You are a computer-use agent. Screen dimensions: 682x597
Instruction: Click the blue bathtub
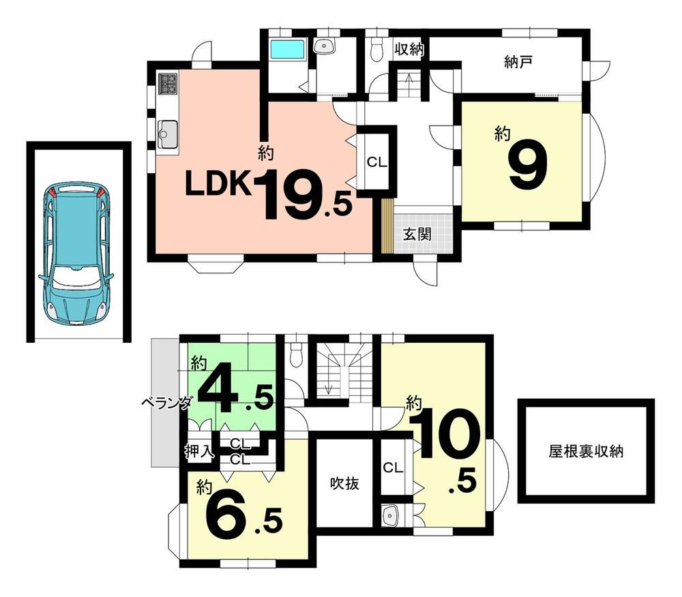click(288, 50)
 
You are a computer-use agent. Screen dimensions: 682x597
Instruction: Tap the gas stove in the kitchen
click(168, 83)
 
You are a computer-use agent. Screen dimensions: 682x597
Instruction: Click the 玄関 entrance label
click(417, 234)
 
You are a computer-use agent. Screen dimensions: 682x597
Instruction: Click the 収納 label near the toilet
click(409, 49)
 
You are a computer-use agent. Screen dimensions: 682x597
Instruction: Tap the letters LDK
click(218, 183)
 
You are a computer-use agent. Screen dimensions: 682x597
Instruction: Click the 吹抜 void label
click(344, 483)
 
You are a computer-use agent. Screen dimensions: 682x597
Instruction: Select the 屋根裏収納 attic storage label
click(586, 451)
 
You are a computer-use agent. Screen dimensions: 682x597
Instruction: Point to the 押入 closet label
click(200, 452)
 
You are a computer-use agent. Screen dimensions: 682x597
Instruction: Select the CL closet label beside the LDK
click(376, 162)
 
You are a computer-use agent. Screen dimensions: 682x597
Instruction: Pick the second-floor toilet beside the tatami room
click(295, 354)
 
